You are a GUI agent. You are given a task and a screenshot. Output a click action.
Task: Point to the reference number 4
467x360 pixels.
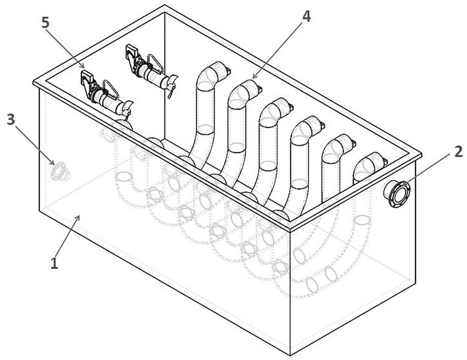tap(307, 17)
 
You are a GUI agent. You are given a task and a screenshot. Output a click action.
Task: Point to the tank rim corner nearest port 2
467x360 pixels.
tap(421, 155)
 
